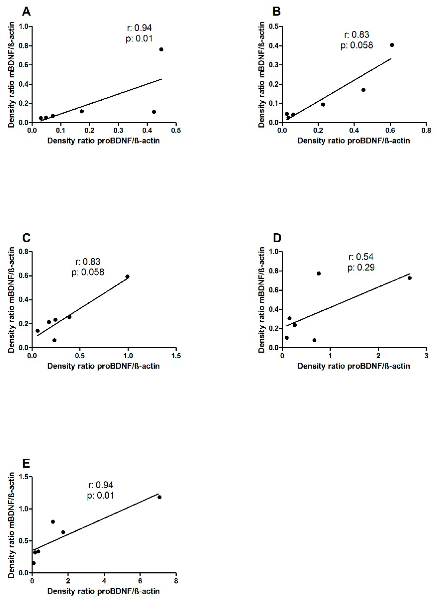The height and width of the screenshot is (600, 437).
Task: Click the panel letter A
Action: tap(26, 12)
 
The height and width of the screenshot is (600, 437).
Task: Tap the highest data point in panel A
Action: tap(161, 50)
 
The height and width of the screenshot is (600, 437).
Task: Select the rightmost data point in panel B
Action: tap(392, 45)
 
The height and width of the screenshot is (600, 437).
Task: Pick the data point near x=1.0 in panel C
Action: tap(127, 276)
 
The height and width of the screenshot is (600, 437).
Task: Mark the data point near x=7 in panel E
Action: tap(159, 497)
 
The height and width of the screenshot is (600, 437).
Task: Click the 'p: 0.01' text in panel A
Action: tap(139, 39)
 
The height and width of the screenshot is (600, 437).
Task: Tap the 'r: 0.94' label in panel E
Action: tap(101, 485)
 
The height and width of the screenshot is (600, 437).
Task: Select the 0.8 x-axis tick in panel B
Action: tap(426, 131)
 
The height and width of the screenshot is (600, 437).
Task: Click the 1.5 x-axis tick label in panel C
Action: tap(176, 356)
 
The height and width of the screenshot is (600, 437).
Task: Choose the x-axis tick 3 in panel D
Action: tap(426, 356)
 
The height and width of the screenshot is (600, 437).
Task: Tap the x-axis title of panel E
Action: tap(103, 591)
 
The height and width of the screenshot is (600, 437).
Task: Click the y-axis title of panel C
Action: tap(11, 300)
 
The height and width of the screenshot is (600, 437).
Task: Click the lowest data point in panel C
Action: tap(54, 340)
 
